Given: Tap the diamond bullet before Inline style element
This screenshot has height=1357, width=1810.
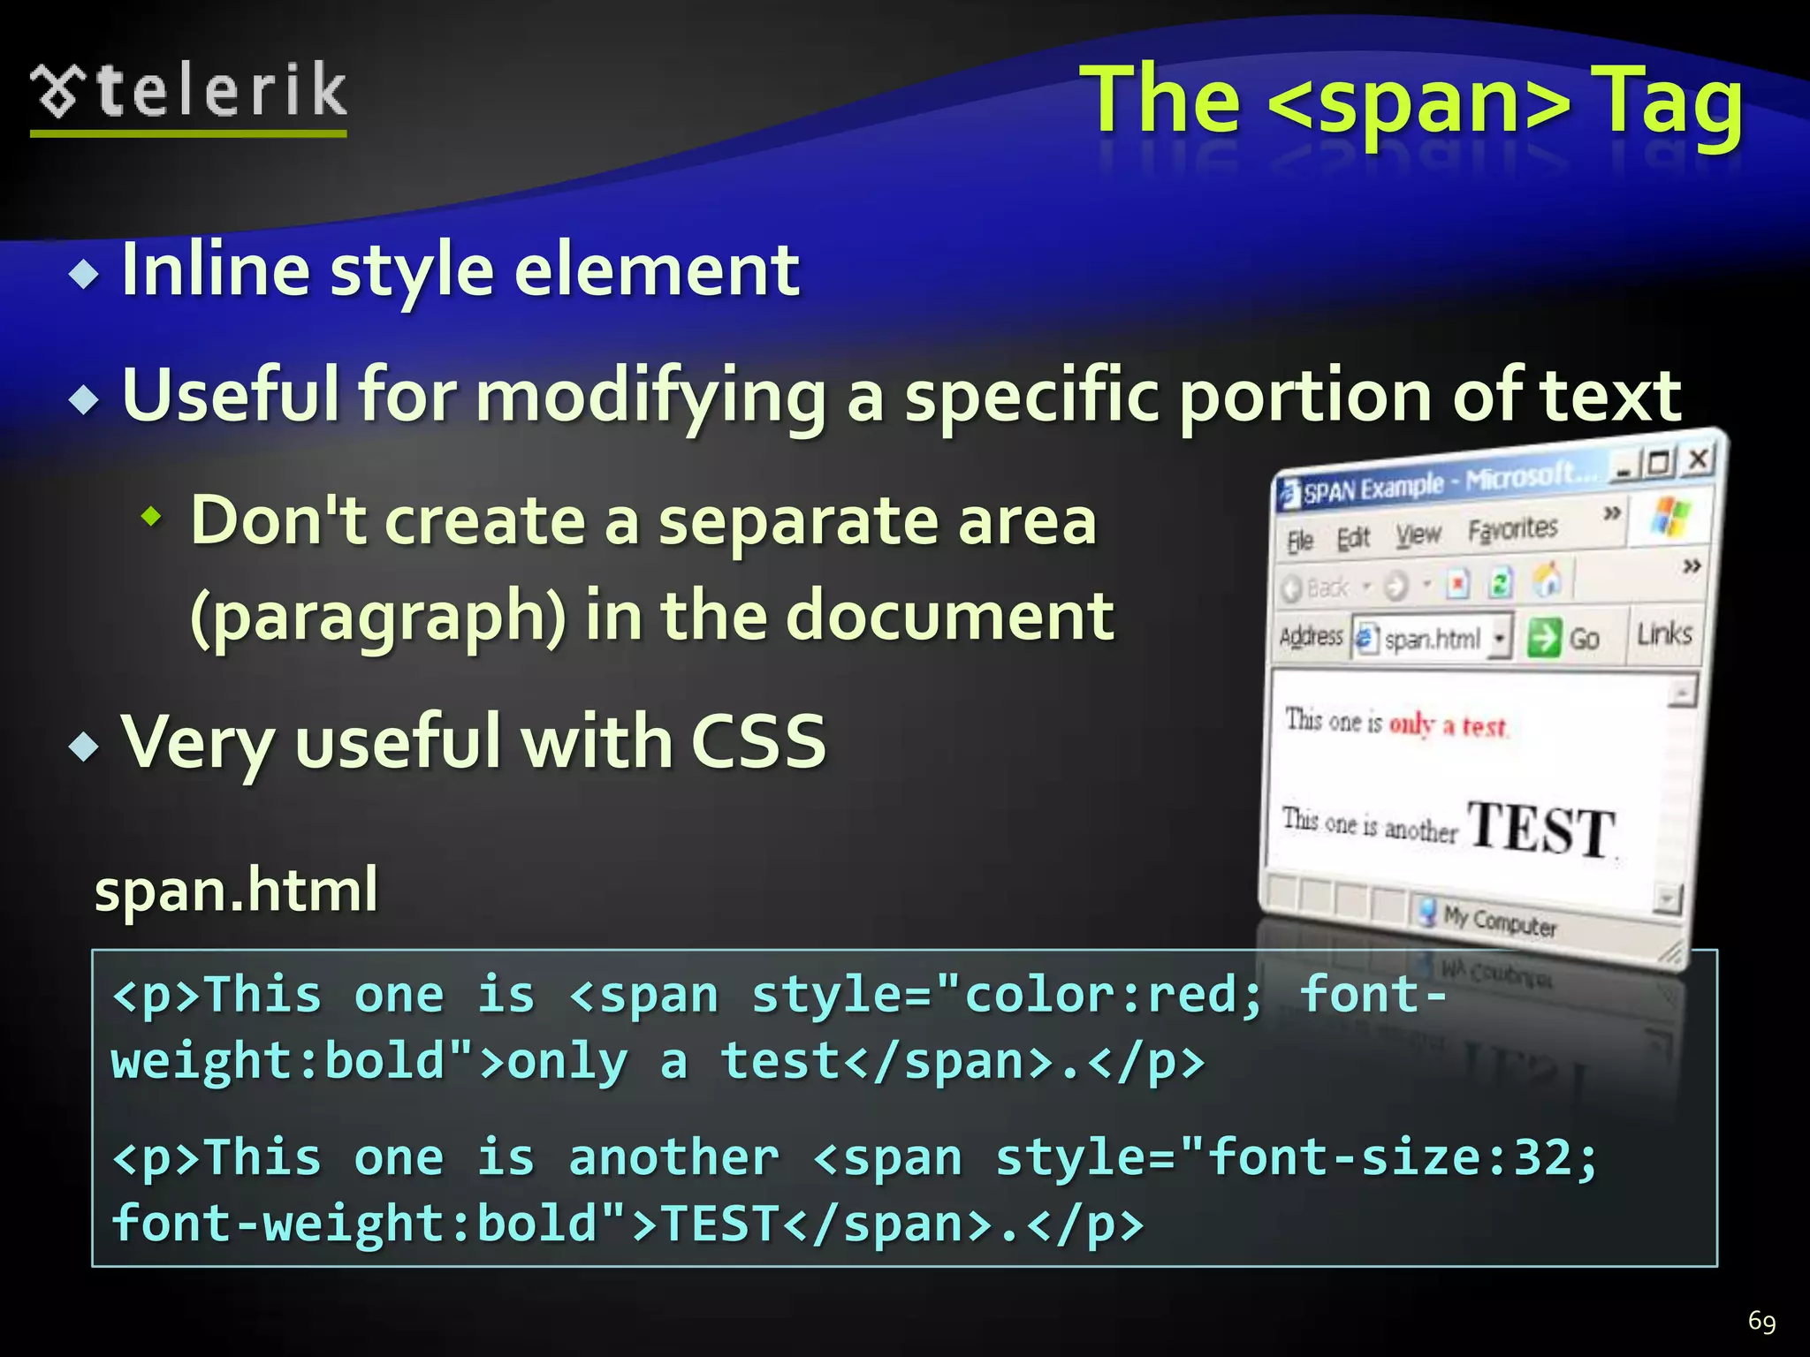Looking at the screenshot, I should click(85, 275).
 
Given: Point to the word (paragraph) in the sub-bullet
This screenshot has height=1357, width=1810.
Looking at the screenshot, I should click(377, 617).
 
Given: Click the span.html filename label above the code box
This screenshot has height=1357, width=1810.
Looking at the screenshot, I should click(236, 889).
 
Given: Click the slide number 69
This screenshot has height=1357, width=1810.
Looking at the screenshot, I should click(1761, 1321).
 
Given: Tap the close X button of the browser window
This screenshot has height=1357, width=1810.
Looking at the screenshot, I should click(1698, 459).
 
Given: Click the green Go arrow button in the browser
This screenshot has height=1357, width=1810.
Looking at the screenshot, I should click(1544, 637).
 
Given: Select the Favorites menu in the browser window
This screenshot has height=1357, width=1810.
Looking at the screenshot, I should click(1512, 529).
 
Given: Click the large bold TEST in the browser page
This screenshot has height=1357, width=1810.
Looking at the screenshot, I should click(1541, 828).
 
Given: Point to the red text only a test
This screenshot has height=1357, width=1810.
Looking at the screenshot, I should click(1447, 725).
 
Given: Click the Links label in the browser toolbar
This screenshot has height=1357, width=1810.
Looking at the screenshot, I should click(1664, 633).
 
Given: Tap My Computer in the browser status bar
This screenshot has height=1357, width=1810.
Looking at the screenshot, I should click(1499, 921).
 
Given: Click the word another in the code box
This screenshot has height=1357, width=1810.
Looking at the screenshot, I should click(673, 1157).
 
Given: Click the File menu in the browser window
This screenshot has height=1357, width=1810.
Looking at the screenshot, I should click(1300, 540).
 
